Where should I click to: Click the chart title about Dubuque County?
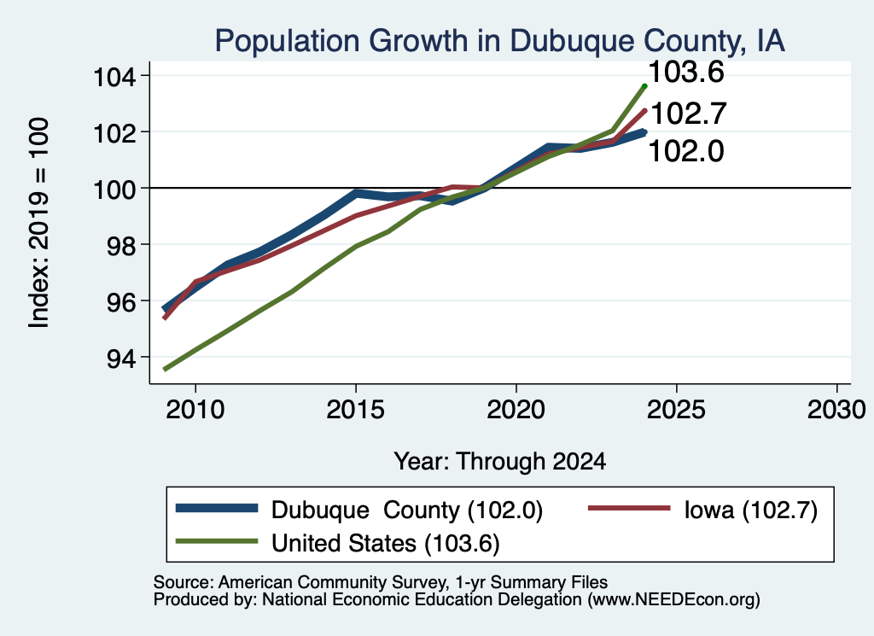[499, 41]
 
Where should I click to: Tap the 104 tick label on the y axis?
[114, 77]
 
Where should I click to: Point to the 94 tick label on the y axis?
[121, 359]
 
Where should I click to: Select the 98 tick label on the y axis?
[121, 246]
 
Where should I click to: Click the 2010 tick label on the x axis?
[195, 411]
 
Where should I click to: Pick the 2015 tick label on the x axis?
[356, 411]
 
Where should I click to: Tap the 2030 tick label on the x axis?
[836, 411]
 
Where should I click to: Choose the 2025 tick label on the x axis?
[676, 411]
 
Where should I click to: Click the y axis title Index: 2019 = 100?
[39, 223]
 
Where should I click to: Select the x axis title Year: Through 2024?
[500, 462]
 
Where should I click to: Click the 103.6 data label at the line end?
[687, 72]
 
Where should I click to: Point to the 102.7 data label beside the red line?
[689, 114]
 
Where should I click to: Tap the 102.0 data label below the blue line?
[687, 151]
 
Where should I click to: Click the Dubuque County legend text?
[407, 510]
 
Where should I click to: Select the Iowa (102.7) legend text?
[751, 510]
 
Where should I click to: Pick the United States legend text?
[385, 544]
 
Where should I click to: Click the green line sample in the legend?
[217, 541]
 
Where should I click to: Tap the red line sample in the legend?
[629, 508]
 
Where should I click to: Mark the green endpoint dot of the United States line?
[644, 86]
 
